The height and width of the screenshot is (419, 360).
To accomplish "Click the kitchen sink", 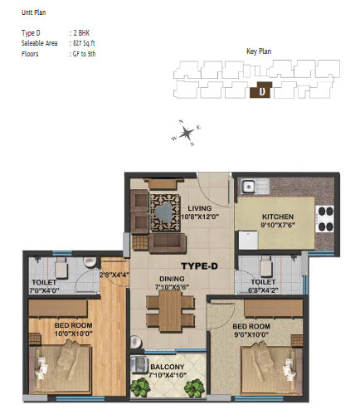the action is pyautogui.click(x=255, y=186).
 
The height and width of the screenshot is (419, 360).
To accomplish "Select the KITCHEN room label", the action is pyautogui.click(x=278, y=217).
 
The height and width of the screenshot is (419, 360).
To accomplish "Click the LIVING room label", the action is pyautogui.click(x=200, y=208).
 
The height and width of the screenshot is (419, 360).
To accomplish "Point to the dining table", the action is pyautogui.click(x=170, y=311).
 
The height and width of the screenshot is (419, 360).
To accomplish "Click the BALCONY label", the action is pyautogui.click(x=167, y=367).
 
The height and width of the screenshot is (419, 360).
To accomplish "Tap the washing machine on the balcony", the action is pyautogui.click(x=139, y=365).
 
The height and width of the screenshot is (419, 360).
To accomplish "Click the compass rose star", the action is pyautogui.click(x=186, y=133).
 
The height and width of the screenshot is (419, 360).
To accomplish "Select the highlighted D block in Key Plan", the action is pyautogui.click(x=261, y=90).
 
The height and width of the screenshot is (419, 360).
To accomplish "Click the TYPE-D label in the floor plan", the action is pyautogui.click(x=199, y=266).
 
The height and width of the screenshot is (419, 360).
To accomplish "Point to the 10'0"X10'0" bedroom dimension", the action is pyautogui.click(x=73, y=334).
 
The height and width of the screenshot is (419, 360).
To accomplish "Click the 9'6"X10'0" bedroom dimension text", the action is pyautogui.click(x=251, y=334).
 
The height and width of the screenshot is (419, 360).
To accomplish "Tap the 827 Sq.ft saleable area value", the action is pyautogui.click(x=84, y=43).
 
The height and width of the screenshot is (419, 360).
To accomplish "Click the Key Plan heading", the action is pyautogui.click(x=259, y=51).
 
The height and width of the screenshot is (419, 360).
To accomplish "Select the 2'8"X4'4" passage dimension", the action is pyautogui.click(x=114, y=275).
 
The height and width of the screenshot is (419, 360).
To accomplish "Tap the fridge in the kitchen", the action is pyautogui.click(x=248, y=240).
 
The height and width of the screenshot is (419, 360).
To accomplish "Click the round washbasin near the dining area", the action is pyautogui.click(x=136, y=342).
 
